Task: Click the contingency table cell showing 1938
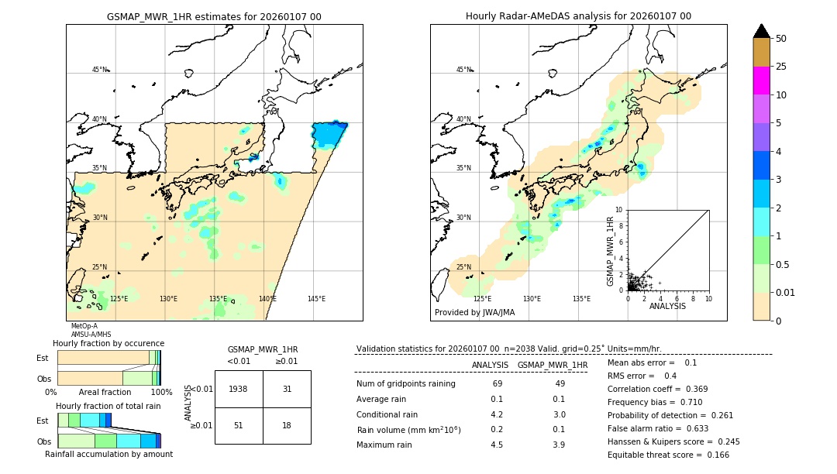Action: pos(239,389)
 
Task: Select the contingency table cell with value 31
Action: pos(287,389)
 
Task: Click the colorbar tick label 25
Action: pos(781,67)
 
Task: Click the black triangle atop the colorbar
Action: pos(762,31)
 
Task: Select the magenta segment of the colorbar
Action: pos(762,81)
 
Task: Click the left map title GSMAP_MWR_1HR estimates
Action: pos(214,16)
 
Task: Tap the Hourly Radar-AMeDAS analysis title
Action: pos(578,16)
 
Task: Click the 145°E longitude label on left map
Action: pos(316,299)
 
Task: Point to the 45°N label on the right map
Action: pos(463,70)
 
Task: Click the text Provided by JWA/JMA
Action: pos(474,313)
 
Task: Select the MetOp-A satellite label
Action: pos(84,326)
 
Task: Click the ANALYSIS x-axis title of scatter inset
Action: pos(667,306)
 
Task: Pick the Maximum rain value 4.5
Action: pos(497,445)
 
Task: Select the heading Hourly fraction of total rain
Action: pos(108,406)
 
